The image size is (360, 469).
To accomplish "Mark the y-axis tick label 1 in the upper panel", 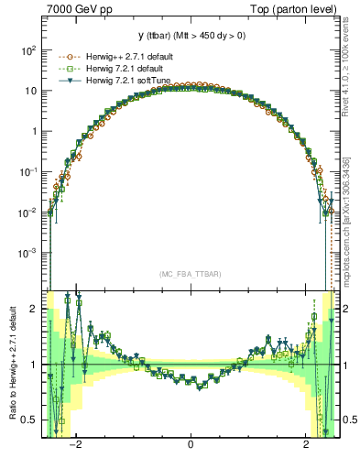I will pos(35,131).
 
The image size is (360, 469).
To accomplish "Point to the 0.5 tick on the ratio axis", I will pos(31,420).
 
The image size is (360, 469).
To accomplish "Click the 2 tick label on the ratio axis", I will pos(35,309).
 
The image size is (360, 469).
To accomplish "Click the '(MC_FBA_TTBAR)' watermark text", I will pos(190,274).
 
